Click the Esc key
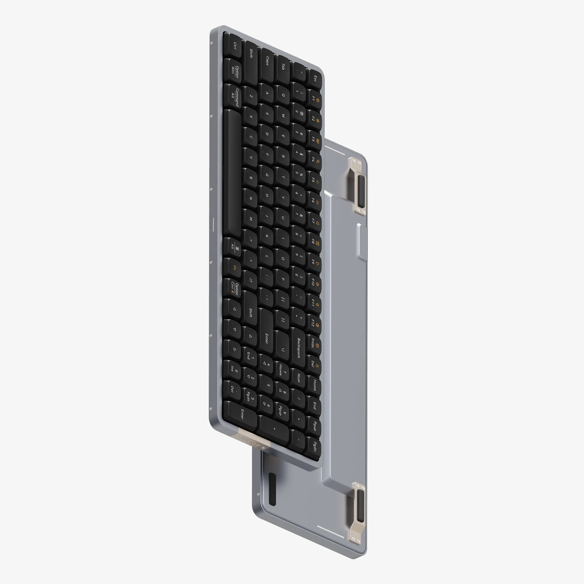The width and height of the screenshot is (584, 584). click(315, 79)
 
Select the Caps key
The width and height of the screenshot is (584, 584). click(267, 60)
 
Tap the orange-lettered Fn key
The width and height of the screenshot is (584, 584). click(234, 268)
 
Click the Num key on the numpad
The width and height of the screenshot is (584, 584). click(299, 378)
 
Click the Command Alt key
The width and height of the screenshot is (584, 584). click(234, 97)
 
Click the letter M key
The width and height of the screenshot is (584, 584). click(251, 219)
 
